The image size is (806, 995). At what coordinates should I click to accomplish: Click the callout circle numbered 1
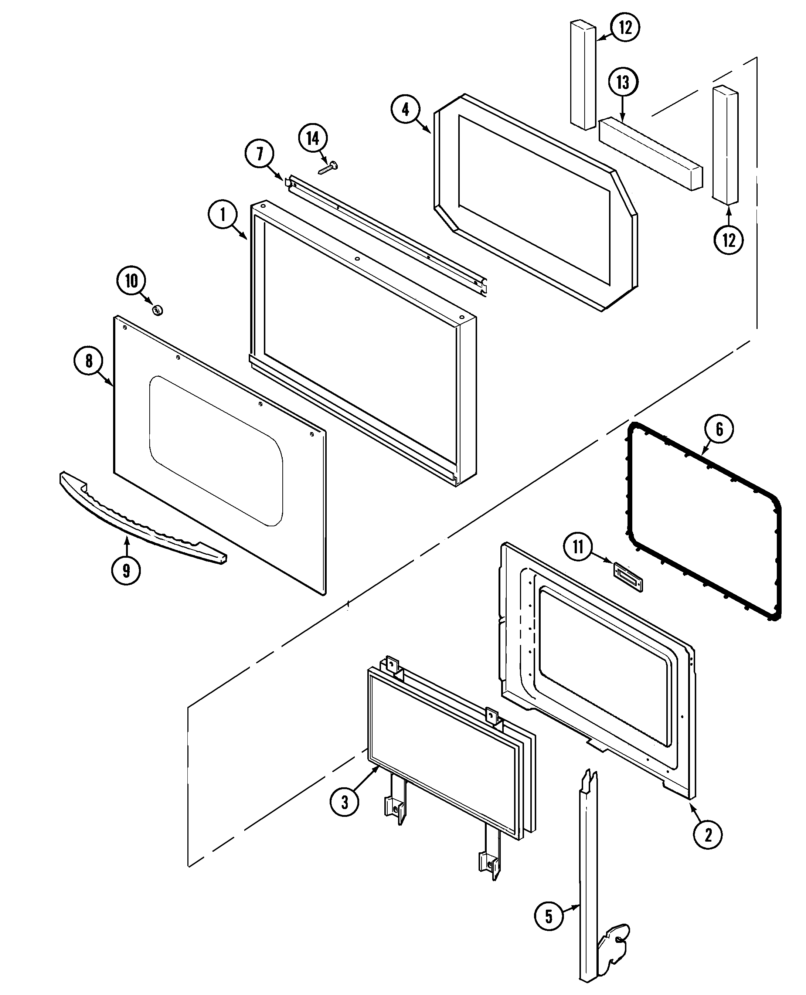[x=222, y=215]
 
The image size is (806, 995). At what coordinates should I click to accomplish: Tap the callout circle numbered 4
[x=405, y=109]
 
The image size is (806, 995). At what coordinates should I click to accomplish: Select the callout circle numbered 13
[x=623, y=83]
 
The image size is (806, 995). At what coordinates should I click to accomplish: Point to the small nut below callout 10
[x=157, y=310]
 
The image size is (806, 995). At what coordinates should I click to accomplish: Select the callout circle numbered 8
[x=89, y=361]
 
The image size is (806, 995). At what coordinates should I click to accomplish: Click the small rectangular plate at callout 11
[x=628, y=577]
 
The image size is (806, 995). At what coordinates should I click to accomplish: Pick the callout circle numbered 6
[x=719, y=429]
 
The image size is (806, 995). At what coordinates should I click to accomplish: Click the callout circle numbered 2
[x=707, y=835]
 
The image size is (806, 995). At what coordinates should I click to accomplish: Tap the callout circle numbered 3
[x=344, y=801]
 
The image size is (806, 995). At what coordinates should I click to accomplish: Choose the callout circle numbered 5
[x=548, y=917]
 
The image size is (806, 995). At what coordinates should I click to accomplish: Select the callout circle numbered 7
[x=259, y=154]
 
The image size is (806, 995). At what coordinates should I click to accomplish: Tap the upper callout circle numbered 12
[x=625, y=27]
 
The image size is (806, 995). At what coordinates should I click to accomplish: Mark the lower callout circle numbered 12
[x=728, y=240]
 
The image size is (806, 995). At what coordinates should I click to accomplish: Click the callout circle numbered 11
[x=578, y=547]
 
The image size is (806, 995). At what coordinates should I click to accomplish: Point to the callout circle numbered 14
[x=313, y=138]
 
